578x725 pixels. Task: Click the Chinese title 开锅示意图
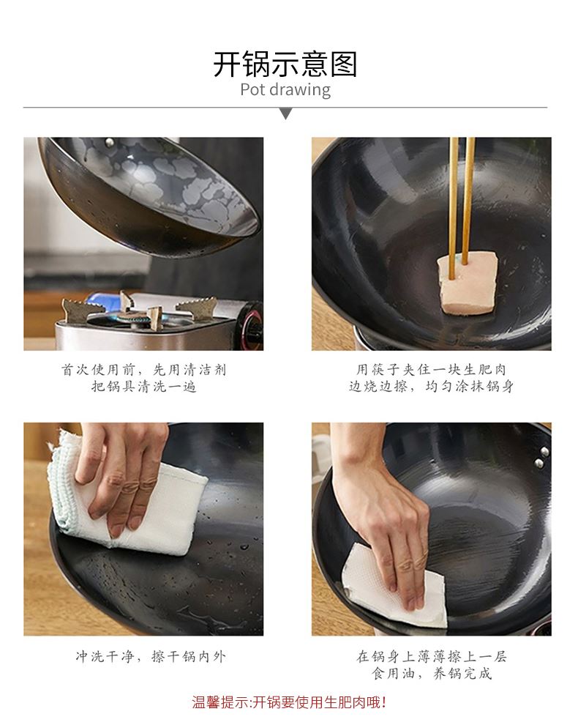pos(285,64)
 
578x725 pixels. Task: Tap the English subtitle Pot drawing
pos(285,89)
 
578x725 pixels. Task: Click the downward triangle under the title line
pos(286,114)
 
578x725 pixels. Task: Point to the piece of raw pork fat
pos(468,283)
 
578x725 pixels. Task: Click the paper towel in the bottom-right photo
pos(394,587)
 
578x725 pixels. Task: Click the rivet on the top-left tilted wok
pos(110,143)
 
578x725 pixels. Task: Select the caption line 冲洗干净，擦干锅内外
pos(151,657)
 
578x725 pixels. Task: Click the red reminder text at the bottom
pos(289,702)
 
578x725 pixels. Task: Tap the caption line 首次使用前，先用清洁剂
pos(143,370)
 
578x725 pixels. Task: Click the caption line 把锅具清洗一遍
pos(143,386)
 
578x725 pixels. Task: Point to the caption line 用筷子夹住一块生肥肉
pos(431,370)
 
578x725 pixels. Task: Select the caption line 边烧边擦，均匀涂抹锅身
pos(431,386)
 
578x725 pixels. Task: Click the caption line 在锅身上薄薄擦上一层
pos(431,657)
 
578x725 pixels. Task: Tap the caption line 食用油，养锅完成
pos(431,673)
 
